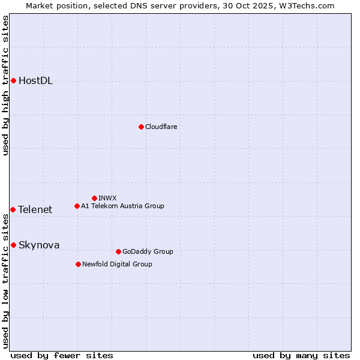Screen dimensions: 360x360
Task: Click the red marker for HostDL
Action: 13,80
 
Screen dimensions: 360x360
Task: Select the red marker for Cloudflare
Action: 141,127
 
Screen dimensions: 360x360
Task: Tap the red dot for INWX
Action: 94,198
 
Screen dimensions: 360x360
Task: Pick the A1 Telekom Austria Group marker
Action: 77,206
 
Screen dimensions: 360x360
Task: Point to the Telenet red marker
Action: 13,209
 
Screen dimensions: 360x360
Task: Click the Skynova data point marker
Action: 13,245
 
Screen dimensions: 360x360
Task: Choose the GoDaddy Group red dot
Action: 118,251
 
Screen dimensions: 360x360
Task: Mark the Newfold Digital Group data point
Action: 78,264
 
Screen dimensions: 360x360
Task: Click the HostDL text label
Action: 35,81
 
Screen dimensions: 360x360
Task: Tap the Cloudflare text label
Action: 161,127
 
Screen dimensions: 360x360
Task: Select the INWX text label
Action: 107,198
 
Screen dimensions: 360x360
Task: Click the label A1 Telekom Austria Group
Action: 122,206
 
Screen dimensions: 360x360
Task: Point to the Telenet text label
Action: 35,209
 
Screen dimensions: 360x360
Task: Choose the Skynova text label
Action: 39,245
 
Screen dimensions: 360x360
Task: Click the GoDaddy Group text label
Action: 147,251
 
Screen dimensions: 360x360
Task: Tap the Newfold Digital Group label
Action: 117,264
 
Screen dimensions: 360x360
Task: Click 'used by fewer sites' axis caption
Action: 62,355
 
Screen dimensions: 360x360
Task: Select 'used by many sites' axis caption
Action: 301,355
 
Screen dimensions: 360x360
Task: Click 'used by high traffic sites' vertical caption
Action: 5,85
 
